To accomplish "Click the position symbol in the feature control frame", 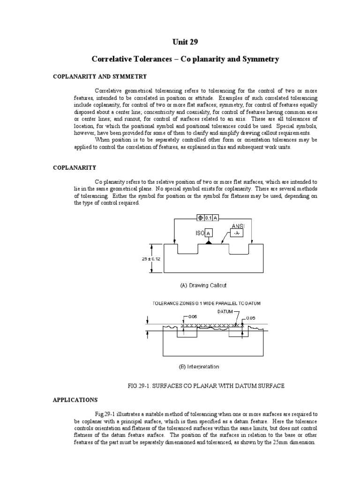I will (x=200, y=217).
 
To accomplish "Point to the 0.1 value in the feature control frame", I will (x=208, y=217).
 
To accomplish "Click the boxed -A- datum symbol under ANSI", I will (x=236, y=233).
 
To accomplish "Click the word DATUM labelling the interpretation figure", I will (x=226, y=311).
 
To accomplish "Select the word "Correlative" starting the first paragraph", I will (x=109, y=90).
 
